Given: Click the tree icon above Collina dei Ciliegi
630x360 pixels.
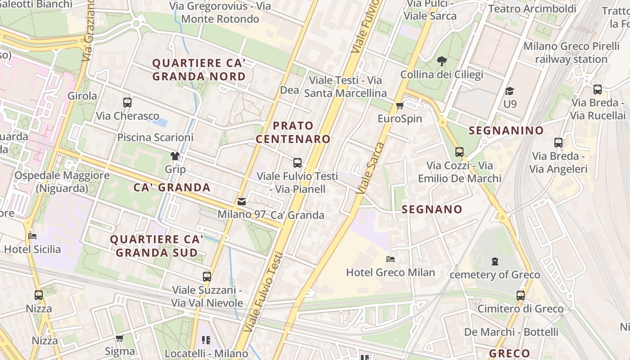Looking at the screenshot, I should [442, 61].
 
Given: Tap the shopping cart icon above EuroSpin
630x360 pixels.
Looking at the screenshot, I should [400, 106].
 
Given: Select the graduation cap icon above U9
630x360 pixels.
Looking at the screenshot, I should [509, 91].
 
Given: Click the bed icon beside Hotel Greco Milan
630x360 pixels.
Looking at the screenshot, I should [391, 259].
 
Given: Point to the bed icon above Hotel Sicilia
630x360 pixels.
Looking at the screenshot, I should [32, 236].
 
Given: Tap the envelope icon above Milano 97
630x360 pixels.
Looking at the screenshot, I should [242, 202].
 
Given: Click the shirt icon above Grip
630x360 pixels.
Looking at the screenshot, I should [175, 156].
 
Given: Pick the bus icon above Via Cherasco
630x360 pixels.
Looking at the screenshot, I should [127, 103].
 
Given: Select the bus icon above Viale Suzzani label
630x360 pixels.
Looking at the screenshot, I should [207, 277].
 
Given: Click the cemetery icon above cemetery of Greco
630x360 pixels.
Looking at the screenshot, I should [495, 261].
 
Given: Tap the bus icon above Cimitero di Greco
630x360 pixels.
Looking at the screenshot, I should [521, 296].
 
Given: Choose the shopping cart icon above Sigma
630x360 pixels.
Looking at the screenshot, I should [120, 338].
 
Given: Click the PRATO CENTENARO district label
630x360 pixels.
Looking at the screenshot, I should [293, 132].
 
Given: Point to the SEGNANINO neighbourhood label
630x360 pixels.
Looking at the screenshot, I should [506, 130].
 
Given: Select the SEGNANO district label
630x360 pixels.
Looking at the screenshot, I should [432, 209].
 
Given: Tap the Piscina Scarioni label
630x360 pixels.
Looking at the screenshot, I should [155, 137].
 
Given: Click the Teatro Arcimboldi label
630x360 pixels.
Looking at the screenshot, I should [532, 9].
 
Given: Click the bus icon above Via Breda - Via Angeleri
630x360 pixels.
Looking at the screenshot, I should [558, 143].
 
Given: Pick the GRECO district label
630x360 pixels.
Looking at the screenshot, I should [509, 353].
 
